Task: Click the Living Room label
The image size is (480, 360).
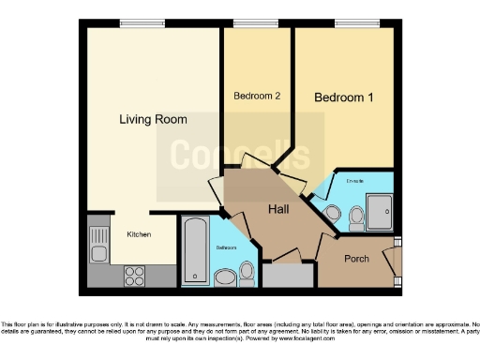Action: pyautogui.click(x=152, y=119)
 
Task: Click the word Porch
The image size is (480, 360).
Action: pyautogui.click(x=356, y=258)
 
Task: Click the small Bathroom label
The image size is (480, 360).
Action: pyautogui.click(x=227, y=247)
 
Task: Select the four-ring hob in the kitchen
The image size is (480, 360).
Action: pyautogui.click(x=134, y=276)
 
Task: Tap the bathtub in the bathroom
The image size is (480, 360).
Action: pyautogui.click(x=196, y=251)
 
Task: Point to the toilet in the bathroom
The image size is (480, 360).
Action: pyautogui.click(x=247, y=271)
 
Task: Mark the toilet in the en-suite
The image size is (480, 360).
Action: pyautogui.click(x=354, y=217)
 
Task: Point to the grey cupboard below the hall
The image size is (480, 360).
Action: pyautogui.click(x=288, y=275)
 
